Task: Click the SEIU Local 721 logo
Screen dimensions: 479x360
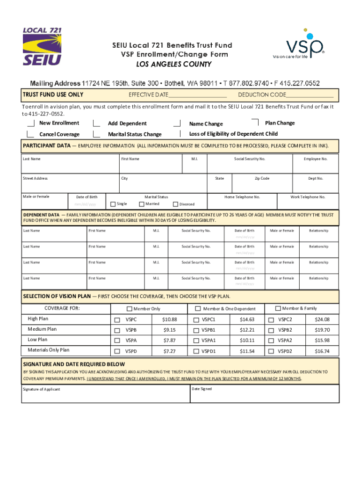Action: click(x=42, y=47)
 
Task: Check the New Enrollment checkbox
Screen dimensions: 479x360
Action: click(x=31, y=123)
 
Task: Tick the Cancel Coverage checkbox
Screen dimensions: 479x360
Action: click(x=31, y=134)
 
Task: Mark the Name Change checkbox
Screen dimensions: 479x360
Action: click(x=177, y=123)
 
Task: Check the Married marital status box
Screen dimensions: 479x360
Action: click(x=142, y=204)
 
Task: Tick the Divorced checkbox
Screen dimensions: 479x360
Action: click(x=176, y=204)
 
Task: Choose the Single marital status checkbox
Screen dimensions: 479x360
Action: click(x=113, y=204)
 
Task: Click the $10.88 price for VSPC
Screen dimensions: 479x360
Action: click(x=169, y=319)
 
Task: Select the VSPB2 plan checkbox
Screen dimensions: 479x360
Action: click(x=271, y=330)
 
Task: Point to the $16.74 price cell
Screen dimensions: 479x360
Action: click(x=322, y=351)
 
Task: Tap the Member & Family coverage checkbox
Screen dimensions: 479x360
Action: click(x=278, y=308)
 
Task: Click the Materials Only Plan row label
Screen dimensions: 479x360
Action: click(x=49, y=350)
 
